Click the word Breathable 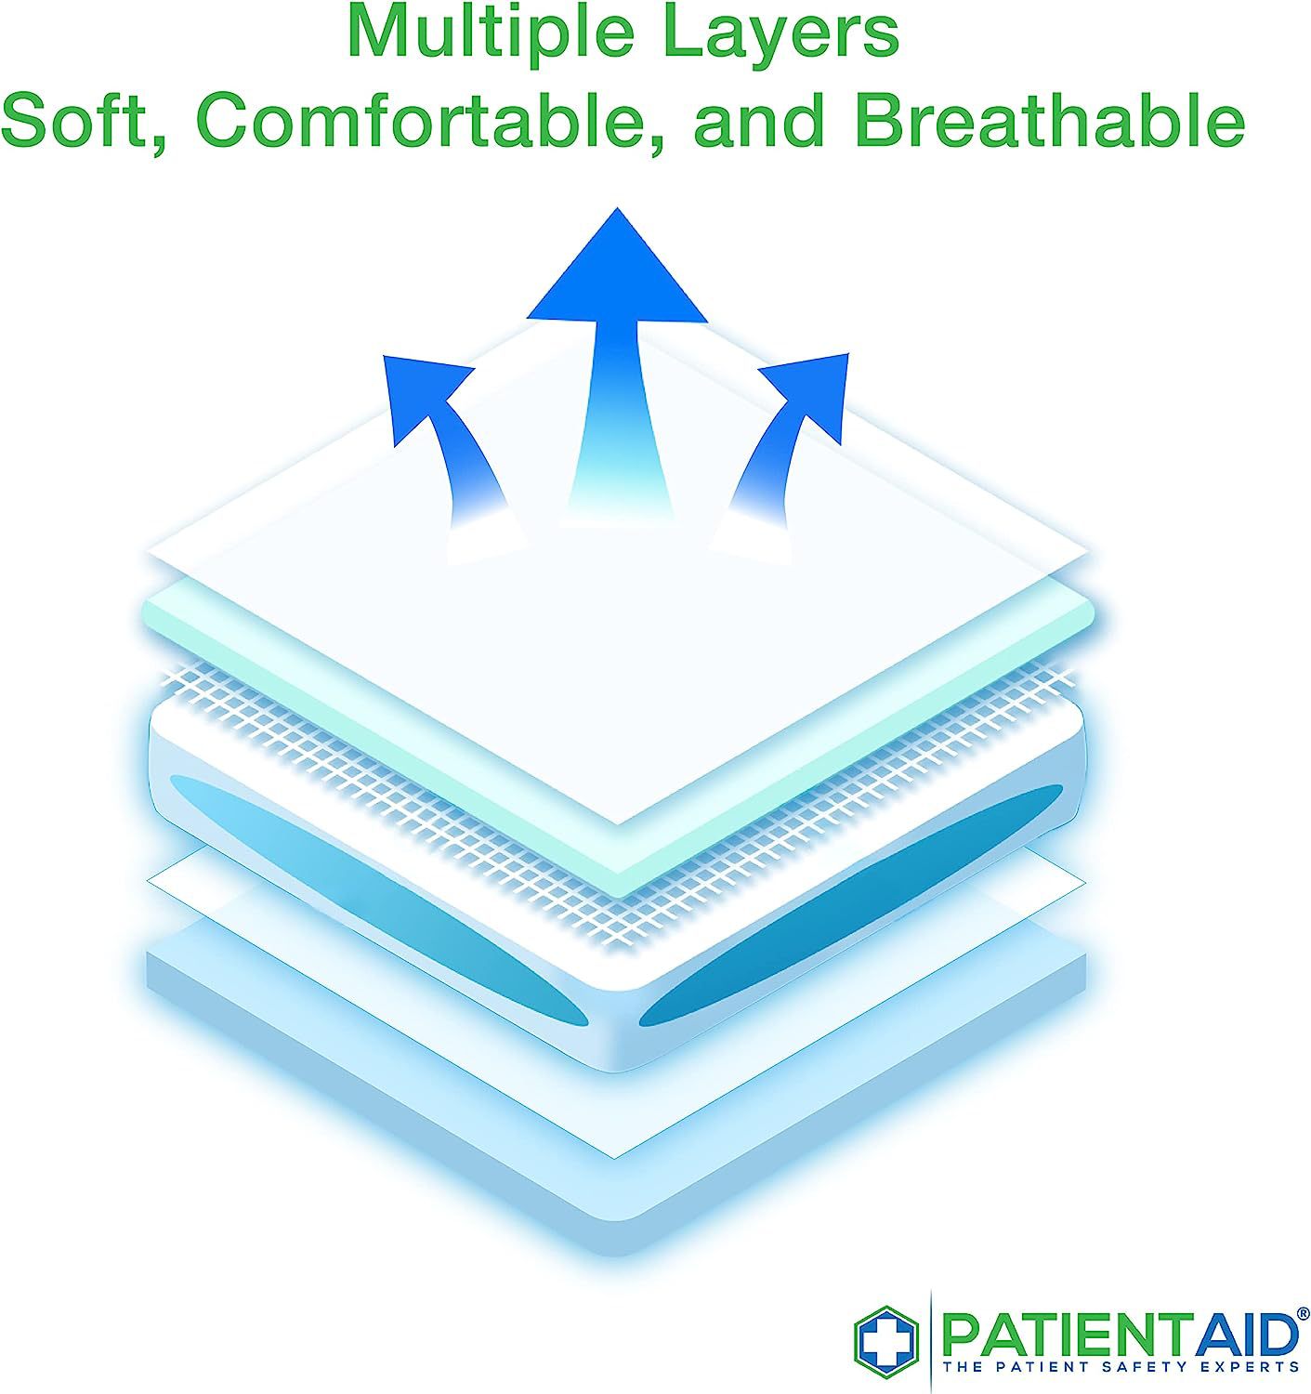tap(1050, 121)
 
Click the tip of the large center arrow tap(617, 208)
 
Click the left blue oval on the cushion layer tap(379, 899)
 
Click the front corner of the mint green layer tap(617, 894)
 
